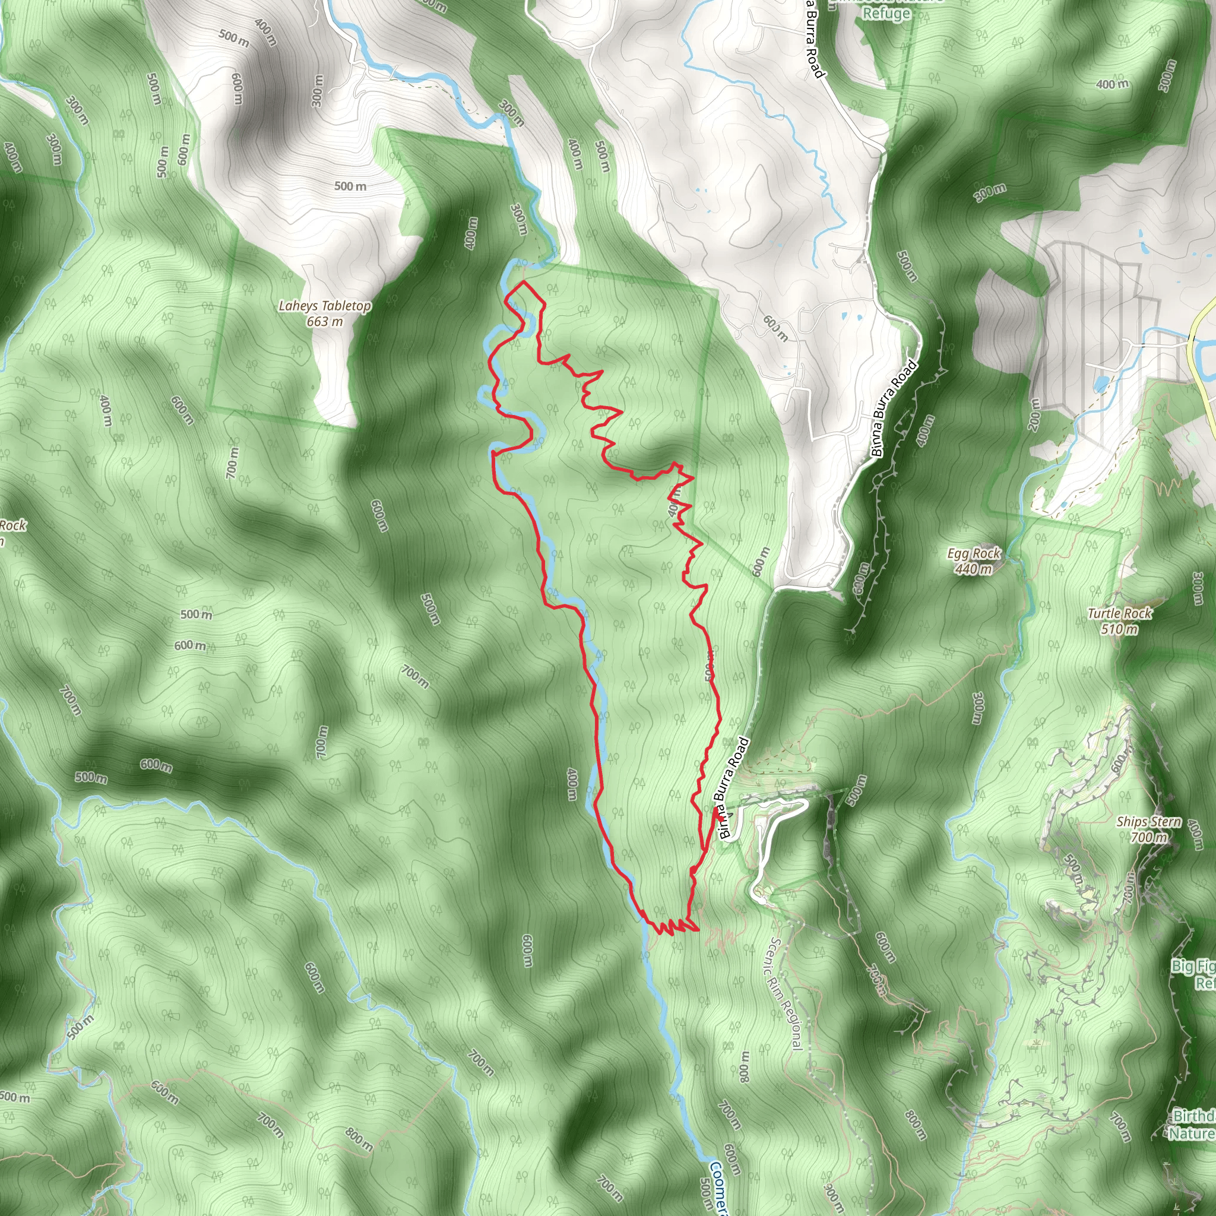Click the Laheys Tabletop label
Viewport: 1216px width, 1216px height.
[325, 306]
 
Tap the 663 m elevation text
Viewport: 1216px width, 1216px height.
[325, 322]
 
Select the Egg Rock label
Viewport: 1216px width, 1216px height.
[974, 553]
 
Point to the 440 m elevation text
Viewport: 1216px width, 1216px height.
[974, 569]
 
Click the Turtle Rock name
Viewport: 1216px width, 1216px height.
[1120, 613]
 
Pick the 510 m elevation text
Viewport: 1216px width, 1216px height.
[1120, 629]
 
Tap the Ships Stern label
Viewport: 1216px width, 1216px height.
[1149, 821]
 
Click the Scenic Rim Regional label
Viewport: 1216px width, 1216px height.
[786, 994]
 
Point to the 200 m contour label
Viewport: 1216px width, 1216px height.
[1034, 414]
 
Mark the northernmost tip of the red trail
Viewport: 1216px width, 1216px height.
[523, 283]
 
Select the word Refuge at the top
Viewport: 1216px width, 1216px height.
[886, 13]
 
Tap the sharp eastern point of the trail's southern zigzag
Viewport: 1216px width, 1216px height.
[698, 929]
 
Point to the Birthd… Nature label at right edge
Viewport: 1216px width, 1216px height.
[1193, 1124]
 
